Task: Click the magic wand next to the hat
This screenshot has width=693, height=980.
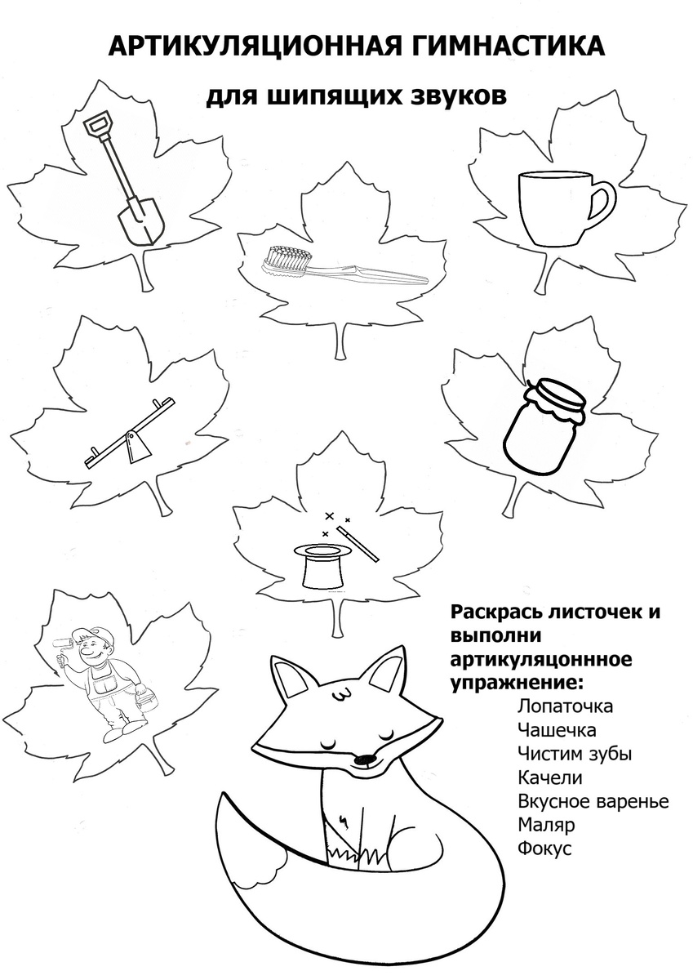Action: point(358,544)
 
